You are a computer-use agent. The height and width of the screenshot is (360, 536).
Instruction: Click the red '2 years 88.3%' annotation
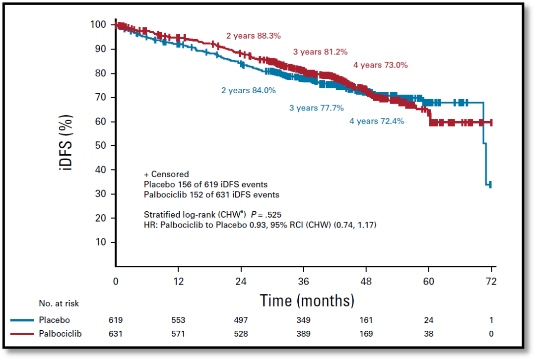[254, 36]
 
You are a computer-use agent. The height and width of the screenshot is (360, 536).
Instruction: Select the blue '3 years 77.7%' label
[317, 108]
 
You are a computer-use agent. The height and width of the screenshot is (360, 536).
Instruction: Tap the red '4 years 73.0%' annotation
[381, 65]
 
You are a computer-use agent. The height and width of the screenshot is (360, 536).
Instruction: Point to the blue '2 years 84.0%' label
[248, 91]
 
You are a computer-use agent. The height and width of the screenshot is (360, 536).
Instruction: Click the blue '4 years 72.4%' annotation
[377, 121]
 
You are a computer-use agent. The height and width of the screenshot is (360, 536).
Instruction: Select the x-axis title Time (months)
[307, 300]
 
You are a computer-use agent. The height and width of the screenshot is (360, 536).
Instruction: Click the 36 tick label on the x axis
[304, 282]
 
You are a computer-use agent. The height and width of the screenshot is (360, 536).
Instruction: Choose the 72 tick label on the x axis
[491, 282]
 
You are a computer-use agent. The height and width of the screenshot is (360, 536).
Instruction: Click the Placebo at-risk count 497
[241, 320]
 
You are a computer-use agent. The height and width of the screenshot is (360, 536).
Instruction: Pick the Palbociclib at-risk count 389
[304, 334]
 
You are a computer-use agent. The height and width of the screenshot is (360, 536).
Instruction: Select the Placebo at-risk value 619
[116, 320]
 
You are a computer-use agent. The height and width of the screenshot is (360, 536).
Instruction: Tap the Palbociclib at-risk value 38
[429, 334]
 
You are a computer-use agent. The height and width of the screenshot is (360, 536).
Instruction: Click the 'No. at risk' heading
[59, 303]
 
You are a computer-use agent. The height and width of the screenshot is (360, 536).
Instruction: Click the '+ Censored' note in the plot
[166, 174]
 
